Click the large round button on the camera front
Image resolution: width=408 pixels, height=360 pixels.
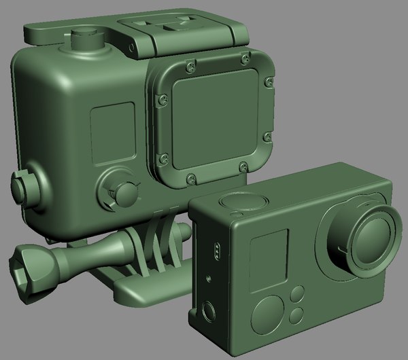267,313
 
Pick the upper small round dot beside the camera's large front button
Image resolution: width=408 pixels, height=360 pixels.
297,295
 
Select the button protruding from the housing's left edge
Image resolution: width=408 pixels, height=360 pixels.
21,185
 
